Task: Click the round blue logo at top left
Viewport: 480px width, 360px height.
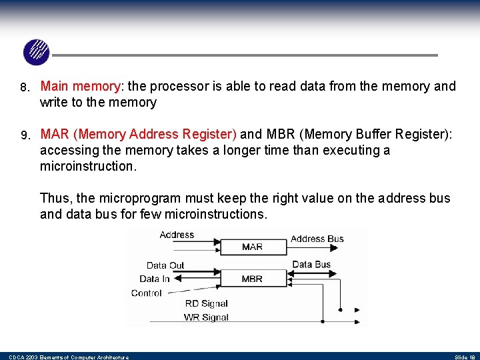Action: click(36, 52)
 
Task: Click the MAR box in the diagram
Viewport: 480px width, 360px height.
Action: click(252, 247)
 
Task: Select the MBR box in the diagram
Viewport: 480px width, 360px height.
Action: click(252, 279)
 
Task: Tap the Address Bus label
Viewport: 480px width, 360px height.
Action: click(317, 239)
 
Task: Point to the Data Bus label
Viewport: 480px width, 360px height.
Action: click(311, 265)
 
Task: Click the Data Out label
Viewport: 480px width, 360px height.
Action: click(165, 265)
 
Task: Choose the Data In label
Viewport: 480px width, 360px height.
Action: click(155, 279)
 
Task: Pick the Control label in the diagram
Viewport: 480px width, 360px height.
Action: click(147, 293)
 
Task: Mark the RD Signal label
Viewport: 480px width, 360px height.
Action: click(207, 304)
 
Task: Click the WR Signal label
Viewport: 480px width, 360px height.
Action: click(207, 317)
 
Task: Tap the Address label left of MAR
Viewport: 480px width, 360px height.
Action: click(177, 235)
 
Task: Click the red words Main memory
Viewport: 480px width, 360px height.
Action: click(80, 86)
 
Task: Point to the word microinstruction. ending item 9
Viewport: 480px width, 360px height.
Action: click(88, 166)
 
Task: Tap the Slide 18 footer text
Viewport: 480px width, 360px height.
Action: click(465, 357)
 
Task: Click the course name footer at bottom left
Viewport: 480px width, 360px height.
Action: click(68, 357)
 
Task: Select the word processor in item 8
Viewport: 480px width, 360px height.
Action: click(179, 86)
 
